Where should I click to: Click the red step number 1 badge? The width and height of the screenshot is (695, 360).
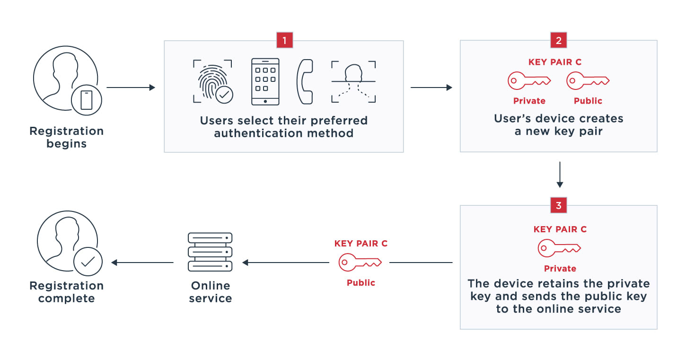[x=284, y=40]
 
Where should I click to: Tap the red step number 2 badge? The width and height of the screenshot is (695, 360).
[x=559, y=40]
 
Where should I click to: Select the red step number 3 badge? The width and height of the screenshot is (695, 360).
[x=559, y=205]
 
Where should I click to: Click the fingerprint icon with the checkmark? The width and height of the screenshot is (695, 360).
[x=212, y=81]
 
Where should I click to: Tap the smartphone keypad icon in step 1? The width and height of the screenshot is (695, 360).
[x=265, y=81]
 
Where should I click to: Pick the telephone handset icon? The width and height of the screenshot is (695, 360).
[x=305, y=81]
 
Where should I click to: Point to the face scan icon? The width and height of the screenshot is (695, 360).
[x=353, y=81]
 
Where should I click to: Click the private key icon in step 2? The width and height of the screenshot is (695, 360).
[x=529, y=81]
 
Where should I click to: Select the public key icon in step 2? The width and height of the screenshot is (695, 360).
[x=588, y=81]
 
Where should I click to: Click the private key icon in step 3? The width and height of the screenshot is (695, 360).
[x=559, y=248]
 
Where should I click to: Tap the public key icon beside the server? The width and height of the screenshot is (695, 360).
[x=360, y=262]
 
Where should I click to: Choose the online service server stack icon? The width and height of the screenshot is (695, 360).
[x=210, y=252]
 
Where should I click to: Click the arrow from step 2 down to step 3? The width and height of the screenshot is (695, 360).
[x=559, y=175]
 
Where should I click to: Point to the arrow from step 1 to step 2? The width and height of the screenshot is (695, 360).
[x=431, y=88]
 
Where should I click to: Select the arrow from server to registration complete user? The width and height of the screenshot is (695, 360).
[x=142, y=263]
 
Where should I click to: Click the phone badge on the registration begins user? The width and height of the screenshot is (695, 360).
[x=87, y=100]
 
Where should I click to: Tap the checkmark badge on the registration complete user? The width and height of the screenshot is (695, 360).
[x=88, y=261]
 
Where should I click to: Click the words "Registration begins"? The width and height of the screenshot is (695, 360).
[x=66, y=137]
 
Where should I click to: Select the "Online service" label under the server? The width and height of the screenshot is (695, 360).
[x=210, y=292]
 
